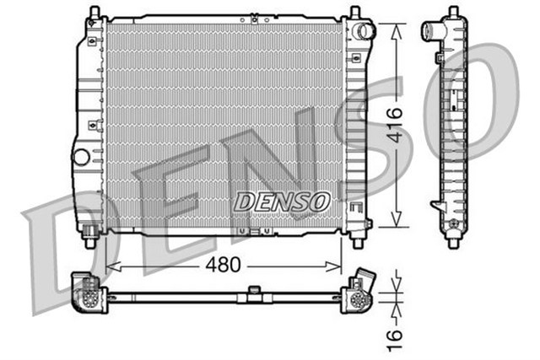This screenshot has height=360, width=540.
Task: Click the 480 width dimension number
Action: click(223, 264)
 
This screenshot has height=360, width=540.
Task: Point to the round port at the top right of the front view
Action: click(364, 32)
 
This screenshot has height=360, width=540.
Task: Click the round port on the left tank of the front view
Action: click(81, 157)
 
